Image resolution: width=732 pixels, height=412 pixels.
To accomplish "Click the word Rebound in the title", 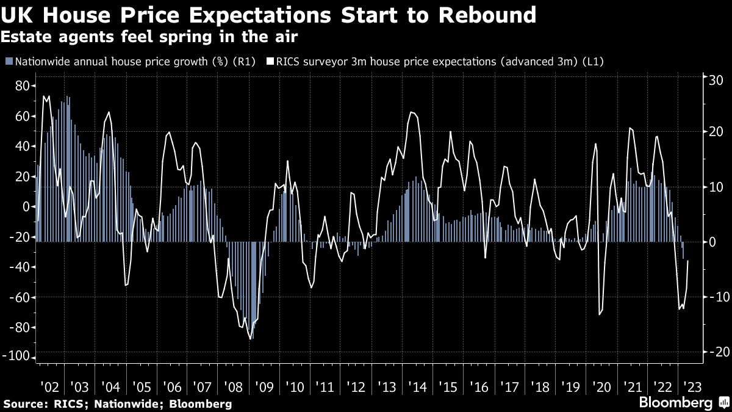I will (x=485, y=15).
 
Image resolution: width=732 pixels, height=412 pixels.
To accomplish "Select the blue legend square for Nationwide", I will (x=8, y=61).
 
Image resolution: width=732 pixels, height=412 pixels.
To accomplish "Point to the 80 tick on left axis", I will (x=23, y=86).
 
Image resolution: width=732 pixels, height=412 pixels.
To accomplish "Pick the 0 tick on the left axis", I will (x=26, y=207).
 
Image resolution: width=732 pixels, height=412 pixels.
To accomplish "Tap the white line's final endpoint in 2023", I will (x=688, y=261).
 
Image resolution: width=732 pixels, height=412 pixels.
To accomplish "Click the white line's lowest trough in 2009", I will (x=251, y=339).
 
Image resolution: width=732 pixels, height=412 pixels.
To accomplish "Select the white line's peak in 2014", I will (x=412, y=112).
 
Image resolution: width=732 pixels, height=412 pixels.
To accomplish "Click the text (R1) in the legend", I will (x=244, y=61).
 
